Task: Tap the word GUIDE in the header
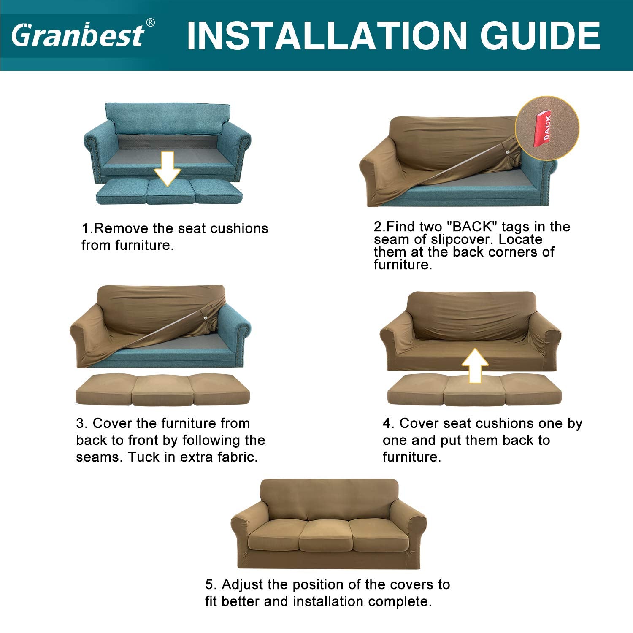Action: (541, 36)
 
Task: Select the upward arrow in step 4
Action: (475, 365)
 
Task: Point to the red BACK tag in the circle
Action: (543, 129)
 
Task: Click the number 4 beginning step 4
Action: (387, 423)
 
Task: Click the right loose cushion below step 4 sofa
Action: (531, 389)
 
